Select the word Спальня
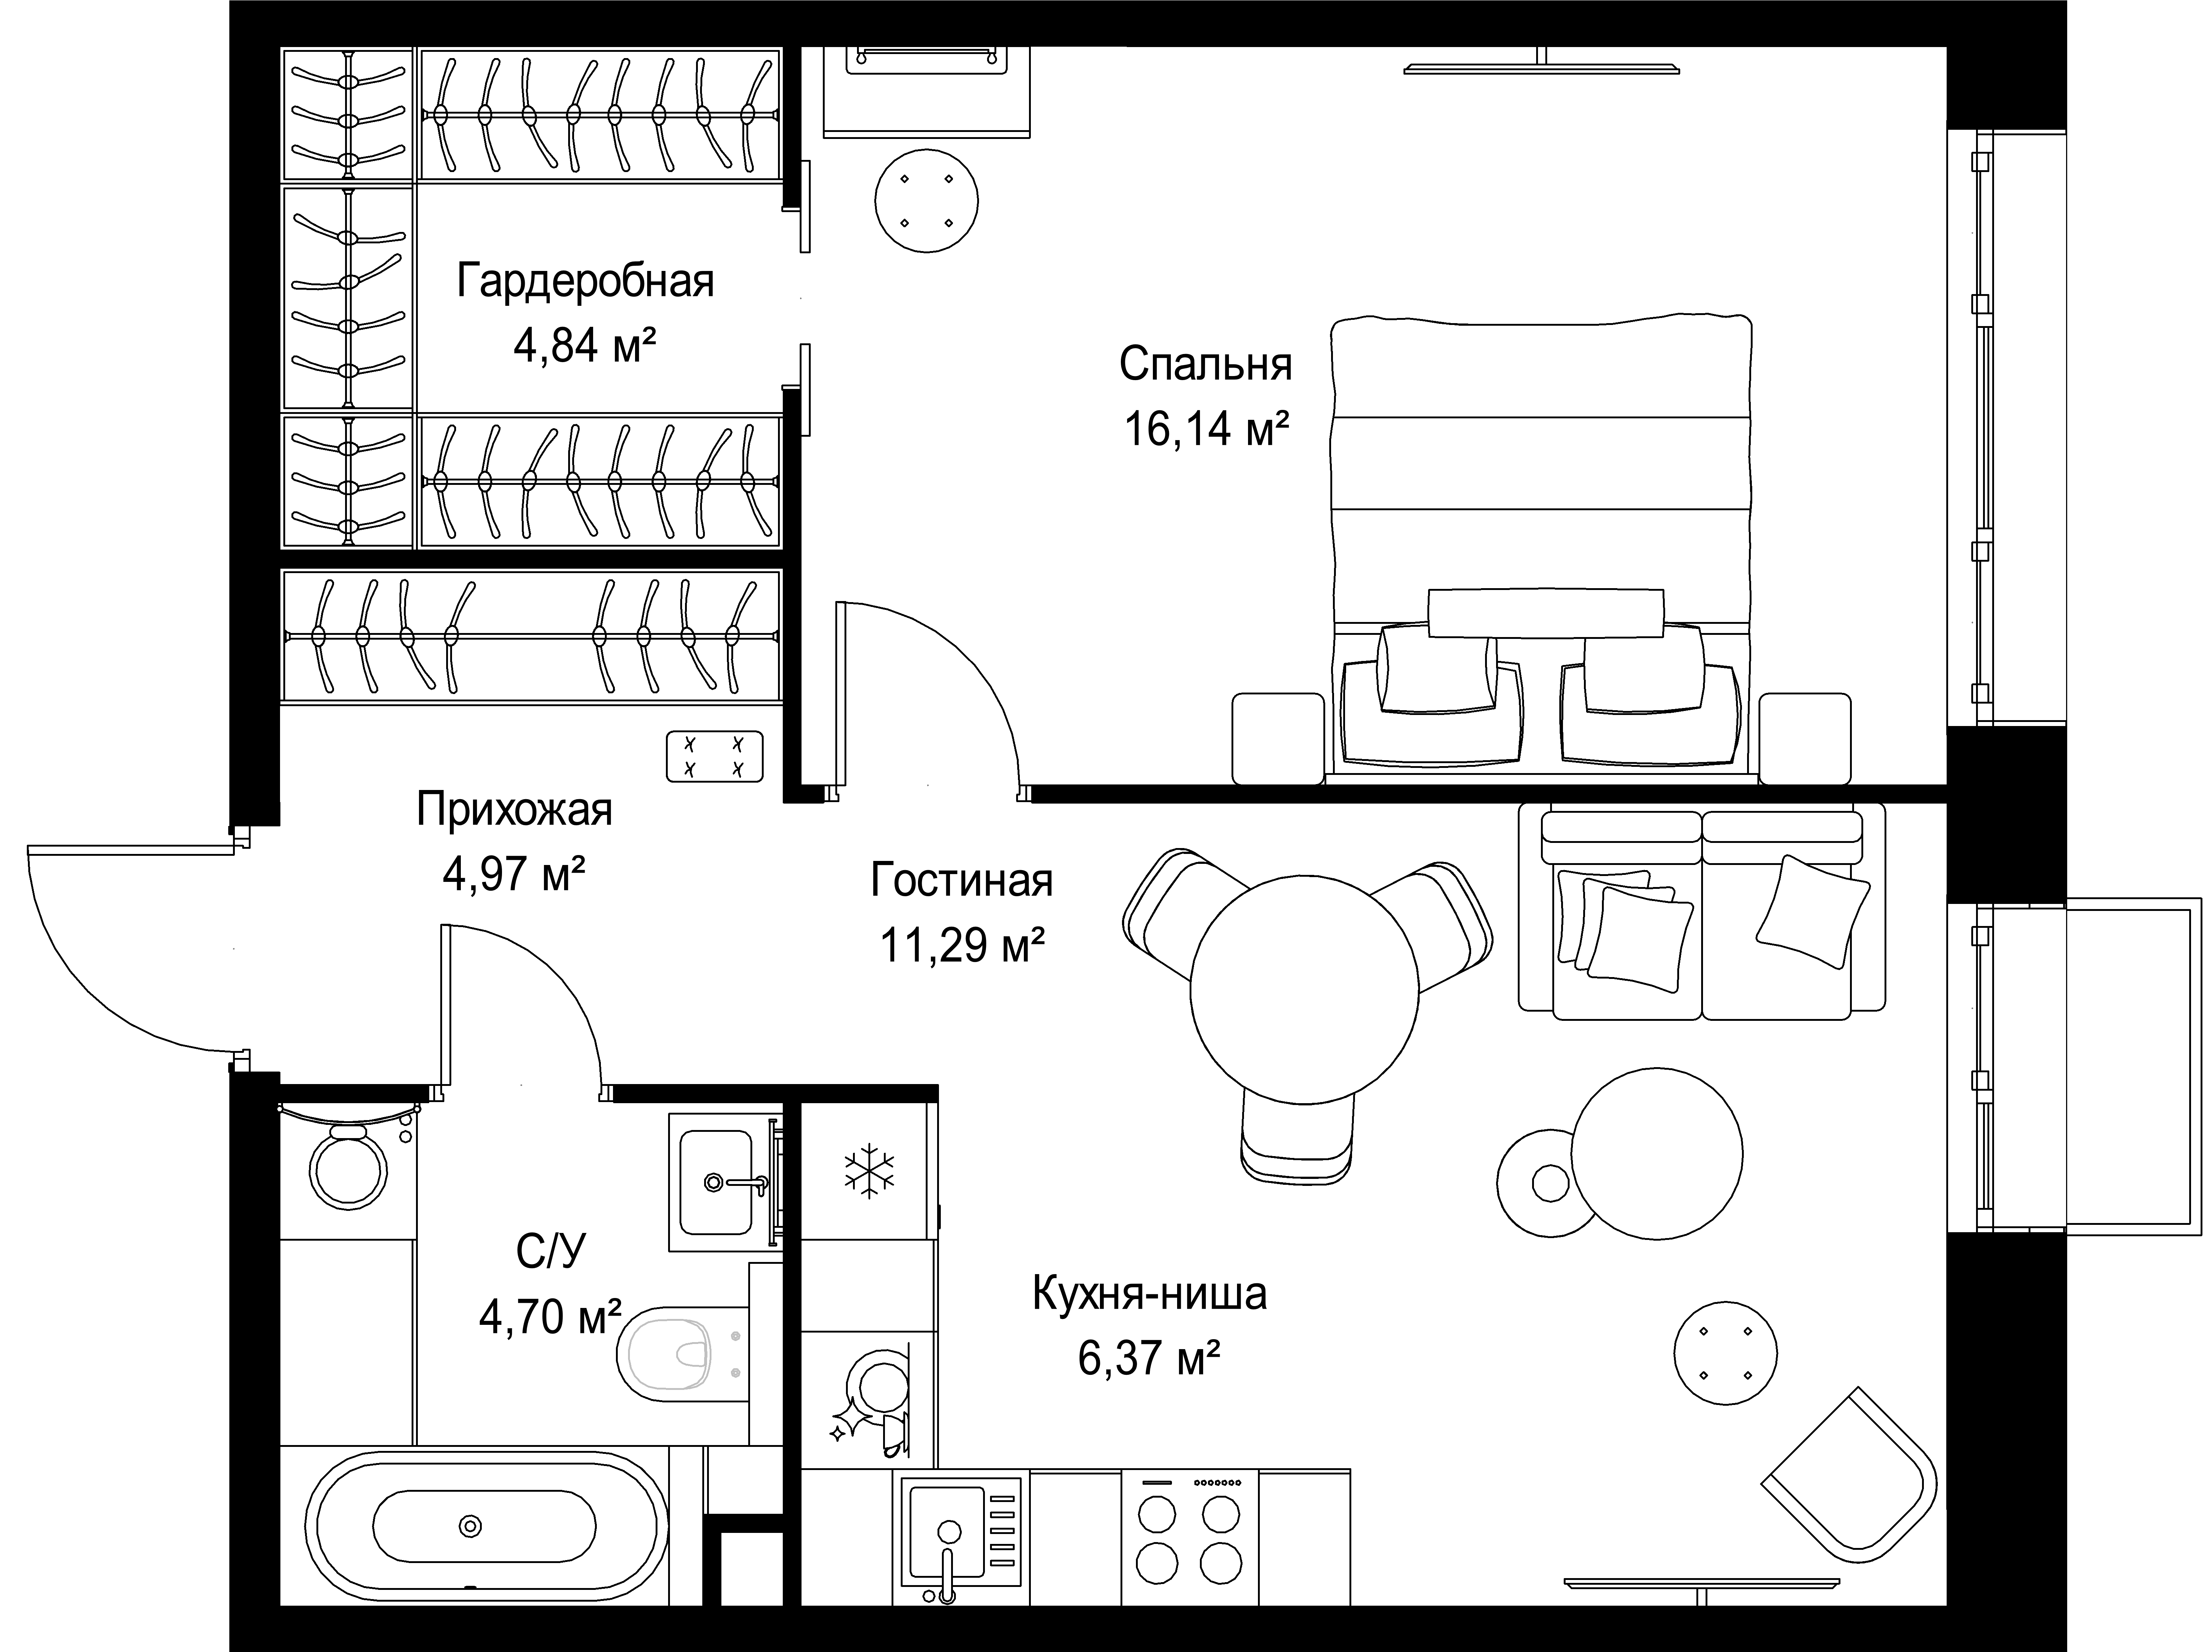point(1205,365)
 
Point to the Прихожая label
point(514,811)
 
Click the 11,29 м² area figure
point(962,944)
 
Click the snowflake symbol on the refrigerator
point(869,1173)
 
